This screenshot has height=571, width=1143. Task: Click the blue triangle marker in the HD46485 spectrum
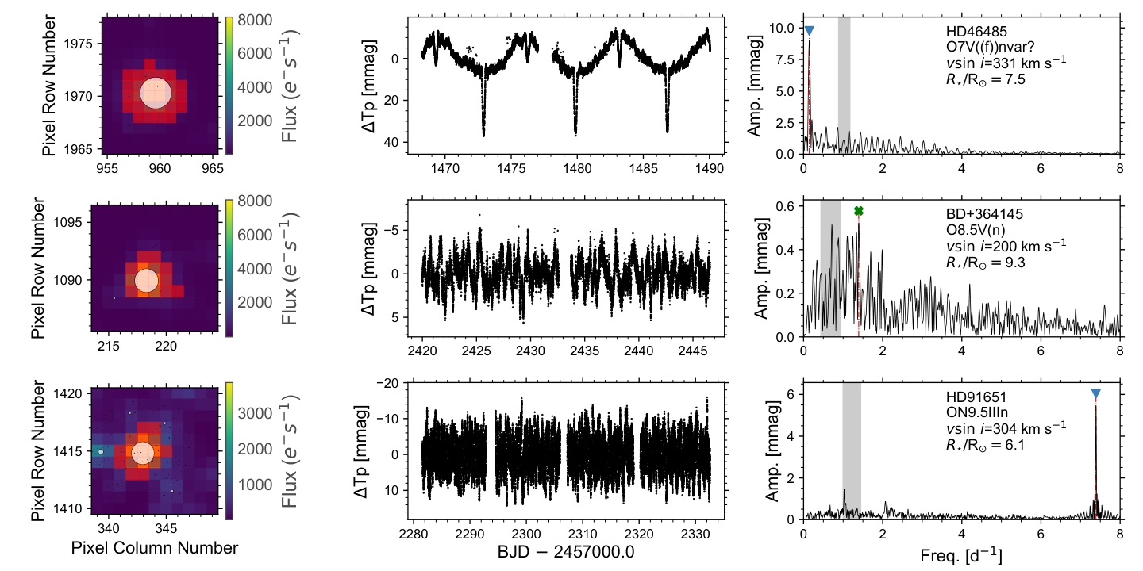pyautogui.click(x=810, y=31)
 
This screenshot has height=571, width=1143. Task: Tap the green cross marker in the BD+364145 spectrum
pyautogui.click(x=859, y=211)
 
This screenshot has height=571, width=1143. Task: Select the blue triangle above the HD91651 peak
pyautogui.click(x=1096, y=393)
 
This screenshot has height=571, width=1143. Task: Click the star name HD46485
pyautogui.click(x=976, y=32)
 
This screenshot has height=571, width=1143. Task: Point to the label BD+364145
pyautogui.click(x=984, y=214)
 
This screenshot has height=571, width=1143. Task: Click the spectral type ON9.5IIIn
pyautogui.click(x=976, y=412)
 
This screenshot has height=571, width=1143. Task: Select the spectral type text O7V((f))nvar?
pyautogui.click(x=991, y=47)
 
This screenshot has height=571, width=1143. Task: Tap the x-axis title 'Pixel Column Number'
pyautogui.click(x=155, y=548)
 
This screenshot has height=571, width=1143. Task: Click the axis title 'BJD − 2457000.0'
pyautogui.click(x=566, y=552)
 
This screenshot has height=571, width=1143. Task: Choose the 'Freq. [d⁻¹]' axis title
pyautogui.click(x=961, y=556)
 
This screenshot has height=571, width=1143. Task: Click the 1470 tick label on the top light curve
pyautogui.click(x=445, y=168)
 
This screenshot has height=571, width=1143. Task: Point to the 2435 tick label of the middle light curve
pyautogui.click(x=585, y=351)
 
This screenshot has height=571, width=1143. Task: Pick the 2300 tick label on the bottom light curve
pyautogui.click(x=526, y=534)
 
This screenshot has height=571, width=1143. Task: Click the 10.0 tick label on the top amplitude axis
pyautogui.click(x=783, y=28)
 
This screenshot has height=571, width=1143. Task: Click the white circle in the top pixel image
pyautogui.click(x=156, y=93)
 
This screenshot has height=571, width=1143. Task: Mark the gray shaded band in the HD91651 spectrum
pyautogui.click(x=852, y=451)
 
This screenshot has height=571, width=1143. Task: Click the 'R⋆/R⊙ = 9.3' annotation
pyautogui.click(x=986, y=263)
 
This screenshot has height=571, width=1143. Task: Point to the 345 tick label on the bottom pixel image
pyautogui.click(x=166, y=529)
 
